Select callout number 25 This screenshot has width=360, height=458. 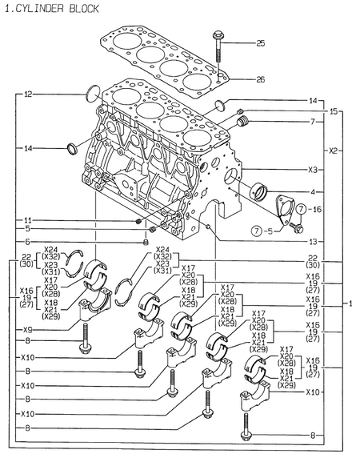coord(260,42)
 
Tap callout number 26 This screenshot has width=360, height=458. coord(260,79)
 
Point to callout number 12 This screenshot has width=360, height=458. coord(28,94)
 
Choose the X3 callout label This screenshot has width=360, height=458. coord(314,170)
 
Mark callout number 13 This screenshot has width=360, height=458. coord(314,241)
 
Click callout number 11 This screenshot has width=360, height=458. coord(28,220)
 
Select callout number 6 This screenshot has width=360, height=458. coord(28,241)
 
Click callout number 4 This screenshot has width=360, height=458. coord(314,191)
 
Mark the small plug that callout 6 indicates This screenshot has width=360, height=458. coord(146,241)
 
